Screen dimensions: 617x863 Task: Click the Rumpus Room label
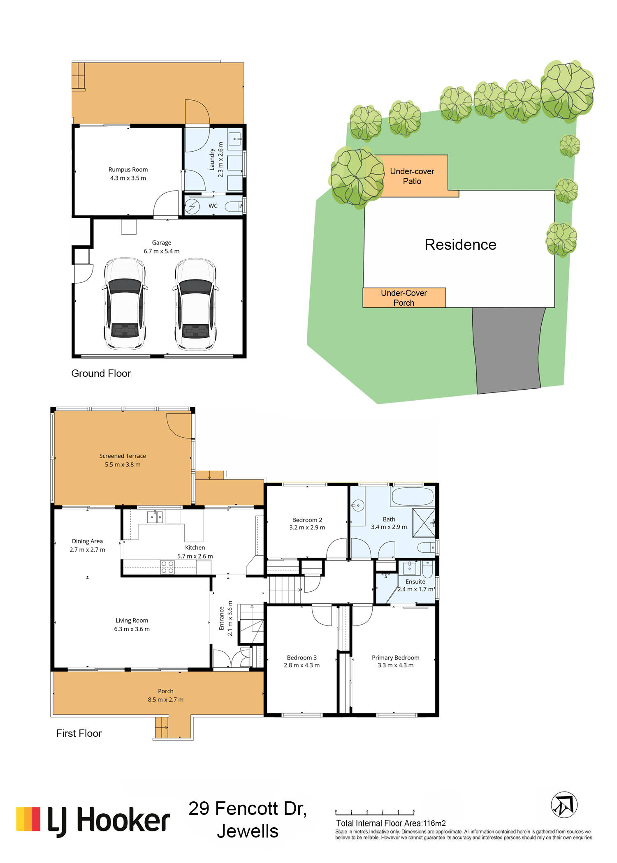(x=128, y=169)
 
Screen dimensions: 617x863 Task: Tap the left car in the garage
(x=125, y=304)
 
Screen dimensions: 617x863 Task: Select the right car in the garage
(x=195, y=304)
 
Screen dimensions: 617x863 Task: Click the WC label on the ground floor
(x=213, y=206)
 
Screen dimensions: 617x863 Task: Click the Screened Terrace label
(x=123, y=456)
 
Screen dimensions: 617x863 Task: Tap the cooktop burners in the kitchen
(x=167, y=567)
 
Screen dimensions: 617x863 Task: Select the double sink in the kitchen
(x=155, y=517)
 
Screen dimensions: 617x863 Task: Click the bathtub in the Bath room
(x=413, y=496)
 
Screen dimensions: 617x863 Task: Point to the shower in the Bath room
(x=424, y=522)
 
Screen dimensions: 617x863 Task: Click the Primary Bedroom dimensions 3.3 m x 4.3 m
(x=396, y=665)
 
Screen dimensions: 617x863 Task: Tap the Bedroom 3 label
(x=302, y=658)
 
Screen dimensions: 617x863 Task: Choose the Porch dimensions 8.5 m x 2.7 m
(x=166, y=699)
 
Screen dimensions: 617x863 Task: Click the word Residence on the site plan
(x=460, y=245)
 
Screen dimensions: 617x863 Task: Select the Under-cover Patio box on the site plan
(x=416, y=176)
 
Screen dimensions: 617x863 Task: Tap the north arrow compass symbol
(x=564, y=805)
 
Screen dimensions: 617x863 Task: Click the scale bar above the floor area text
(x=375, y=812)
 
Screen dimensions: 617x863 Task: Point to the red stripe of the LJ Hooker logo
(x=36, y=819)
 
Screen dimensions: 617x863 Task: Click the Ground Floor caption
(x=101, y=373)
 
